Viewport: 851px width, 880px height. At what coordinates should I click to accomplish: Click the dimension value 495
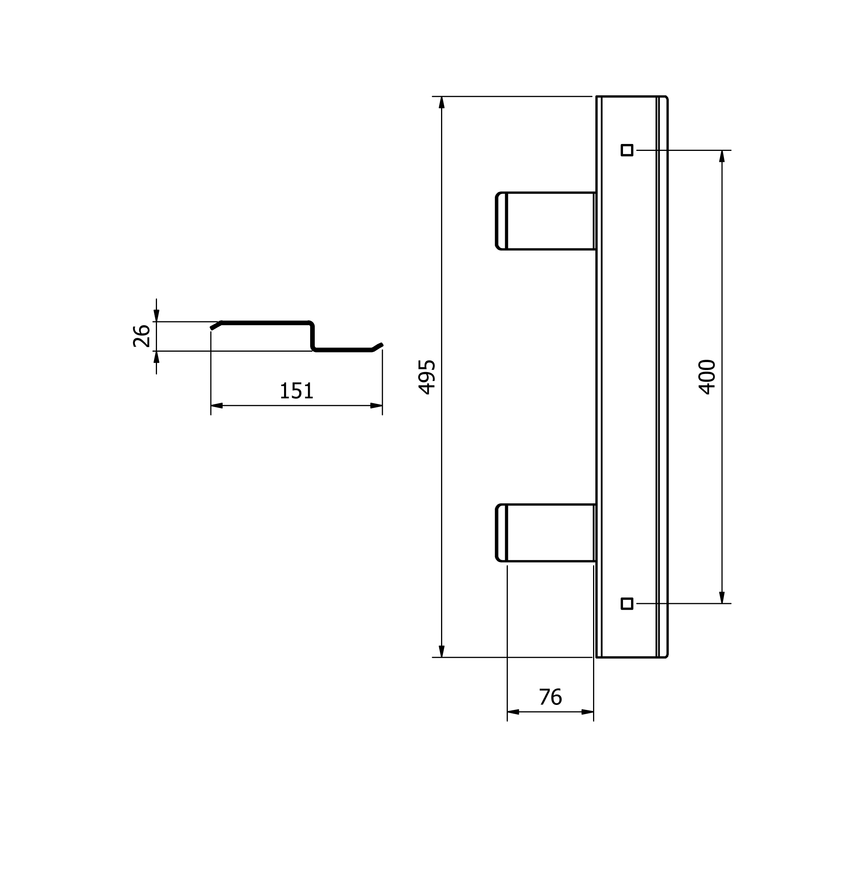coord(427,377)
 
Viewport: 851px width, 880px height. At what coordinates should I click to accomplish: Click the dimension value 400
coord(707,377)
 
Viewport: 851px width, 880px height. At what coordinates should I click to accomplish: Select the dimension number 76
coord(550,697)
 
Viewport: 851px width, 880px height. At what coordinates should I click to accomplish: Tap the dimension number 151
coord(296,390)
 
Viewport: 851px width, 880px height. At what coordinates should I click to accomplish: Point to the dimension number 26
coord(141,336)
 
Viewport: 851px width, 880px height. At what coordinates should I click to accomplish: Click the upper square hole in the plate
coord(627,150)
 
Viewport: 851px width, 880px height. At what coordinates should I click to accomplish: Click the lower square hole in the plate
coord(627,604)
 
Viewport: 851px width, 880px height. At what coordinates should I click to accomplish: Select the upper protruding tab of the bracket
coord(546,221)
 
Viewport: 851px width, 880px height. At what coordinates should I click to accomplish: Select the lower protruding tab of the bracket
coord(546,533)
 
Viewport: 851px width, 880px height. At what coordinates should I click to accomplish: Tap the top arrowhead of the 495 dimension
coord(442,102)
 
